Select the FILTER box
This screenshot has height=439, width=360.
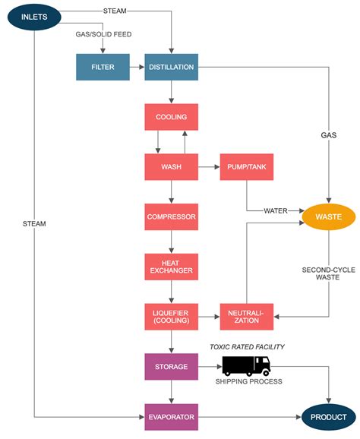[x=103, y=67]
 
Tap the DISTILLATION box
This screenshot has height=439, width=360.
[x=171, y=67]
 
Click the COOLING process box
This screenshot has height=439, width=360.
[x=171, y=117]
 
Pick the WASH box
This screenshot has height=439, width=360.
[x=171, y=166]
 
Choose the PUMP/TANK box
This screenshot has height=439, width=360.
[x=245, y=166]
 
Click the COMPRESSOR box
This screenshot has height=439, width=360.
[x=171, y=216]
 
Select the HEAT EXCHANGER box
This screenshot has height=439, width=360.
[x=171, y=266]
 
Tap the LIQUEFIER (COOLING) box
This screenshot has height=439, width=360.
[x=171, y=316]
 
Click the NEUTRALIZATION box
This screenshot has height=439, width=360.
[x=245, y=316]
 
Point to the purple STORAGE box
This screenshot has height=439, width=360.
[x=171, y=366]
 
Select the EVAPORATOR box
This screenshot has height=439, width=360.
[x=171, y=416]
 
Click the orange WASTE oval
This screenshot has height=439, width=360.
[x=328, y=217]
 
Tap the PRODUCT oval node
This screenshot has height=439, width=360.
[x=328, y=416]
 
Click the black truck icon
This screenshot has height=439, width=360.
[x=246, y=366]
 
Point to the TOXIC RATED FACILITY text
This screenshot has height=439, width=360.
[x=246, y=347]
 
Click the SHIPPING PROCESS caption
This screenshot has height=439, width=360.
[x=246, y=381]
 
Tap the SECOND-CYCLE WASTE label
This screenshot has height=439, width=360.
[x=328, y=274]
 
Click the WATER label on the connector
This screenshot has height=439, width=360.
[x=276, y=210]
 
